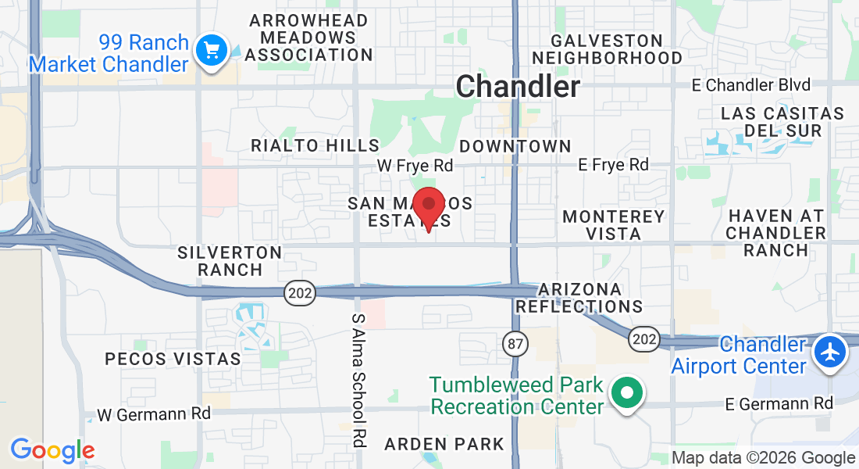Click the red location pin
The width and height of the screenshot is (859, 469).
428,205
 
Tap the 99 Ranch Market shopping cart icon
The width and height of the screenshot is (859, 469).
211,52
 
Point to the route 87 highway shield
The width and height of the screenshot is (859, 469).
515,342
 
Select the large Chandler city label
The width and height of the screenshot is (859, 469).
518,86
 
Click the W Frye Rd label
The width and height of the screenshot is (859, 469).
415,166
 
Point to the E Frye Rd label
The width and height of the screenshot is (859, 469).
613,164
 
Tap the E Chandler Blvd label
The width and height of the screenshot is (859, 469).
751,84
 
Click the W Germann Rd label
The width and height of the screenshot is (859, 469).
154,413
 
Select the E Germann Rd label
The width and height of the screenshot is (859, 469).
779,403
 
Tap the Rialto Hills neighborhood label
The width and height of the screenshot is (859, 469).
315,145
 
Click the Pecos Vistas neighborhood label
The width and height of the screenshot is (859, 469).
173,359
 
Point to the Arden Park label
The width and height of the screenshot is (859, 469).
444,444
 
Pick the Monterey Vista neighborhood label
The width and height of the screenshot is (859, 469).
614,224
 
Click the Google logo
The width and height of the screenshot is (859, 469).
52,450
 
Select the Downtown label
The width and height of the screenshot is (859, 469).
515,146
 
